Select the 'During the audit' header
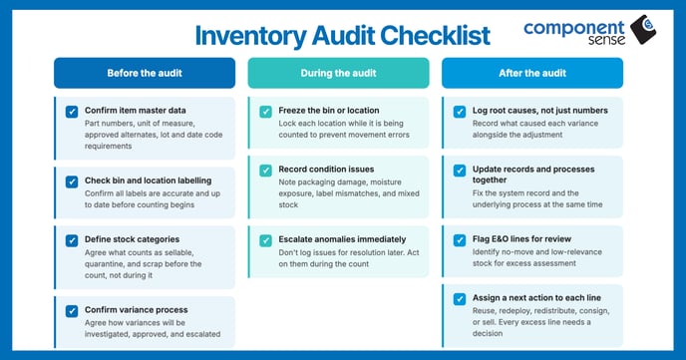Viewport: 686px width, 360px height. point(338,73)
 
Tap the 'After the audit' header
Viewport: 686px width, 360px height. point(532,73)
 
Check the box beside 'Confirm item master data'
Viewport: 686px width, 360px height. point(72,112)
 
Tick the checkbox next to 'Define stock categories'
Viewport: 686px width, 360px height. point(72,240)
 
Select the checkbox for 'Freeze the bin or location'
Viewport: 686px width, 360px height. point(265,112)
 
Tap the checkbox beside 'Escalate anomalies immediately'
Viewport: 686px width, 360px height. point(265,240)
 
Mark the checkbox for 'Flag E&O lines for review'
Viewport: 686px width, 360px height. point(460,240)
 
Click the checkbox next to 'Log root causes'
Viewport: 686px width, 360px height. point(460,112)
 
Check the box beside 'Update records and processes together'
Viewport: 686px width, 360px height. point(460,171)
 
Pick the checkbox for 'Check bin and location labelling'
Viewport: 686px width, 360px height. point(72,180)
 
